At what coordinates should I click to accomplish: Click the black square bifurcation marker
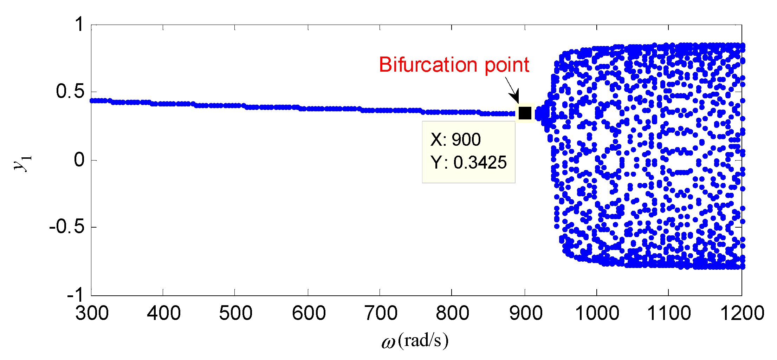525,113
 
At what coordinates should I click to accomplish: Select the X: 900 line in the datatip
455,140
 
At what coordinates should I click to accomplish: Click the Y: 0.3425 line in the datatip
468,163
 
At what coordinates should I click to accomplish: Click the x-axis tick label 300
92,313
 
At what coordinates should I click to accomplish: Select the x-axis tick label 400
163,313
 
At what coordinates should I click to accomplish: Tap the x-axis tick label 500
235,313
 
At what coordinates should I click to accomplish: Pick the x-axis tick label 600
309,313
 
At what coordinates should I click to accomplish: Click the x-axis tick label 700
381,313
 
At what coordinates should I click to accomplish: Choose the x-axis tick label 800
452,313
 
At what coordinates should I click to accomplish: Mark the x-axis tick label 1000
597,313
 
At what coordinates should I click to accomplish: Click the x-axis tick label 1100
669,313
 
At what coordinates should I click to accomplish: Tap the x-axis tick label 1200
742,313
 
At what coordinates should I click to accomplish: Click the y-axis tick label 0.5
70,92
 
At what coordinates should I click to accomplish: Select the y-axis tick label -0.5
67,227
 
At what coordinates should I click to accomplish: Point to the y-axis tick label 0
79,160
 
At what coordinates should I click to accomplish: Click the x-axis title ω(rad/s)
415,341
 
